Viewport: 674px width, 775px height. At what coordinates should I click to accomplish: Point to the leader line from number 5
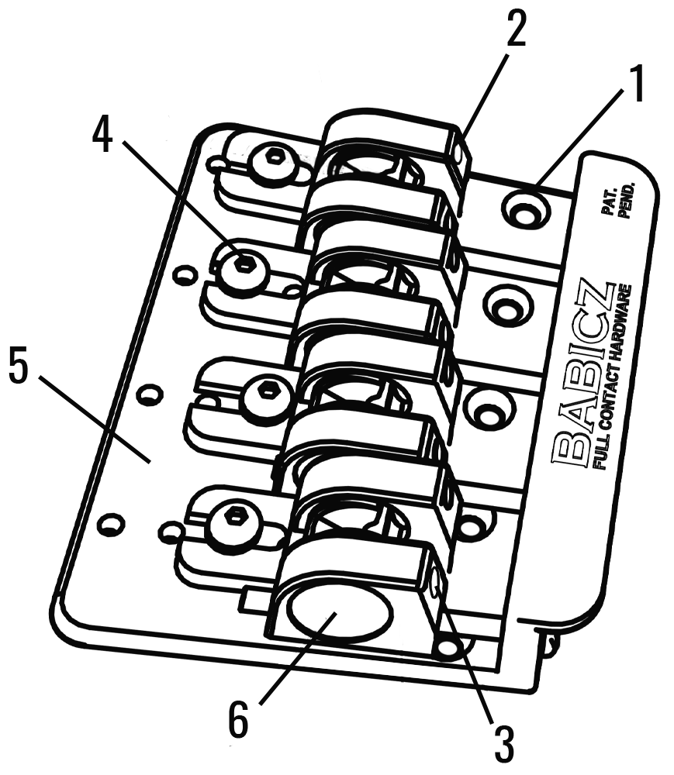click(x=92, y=418)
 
